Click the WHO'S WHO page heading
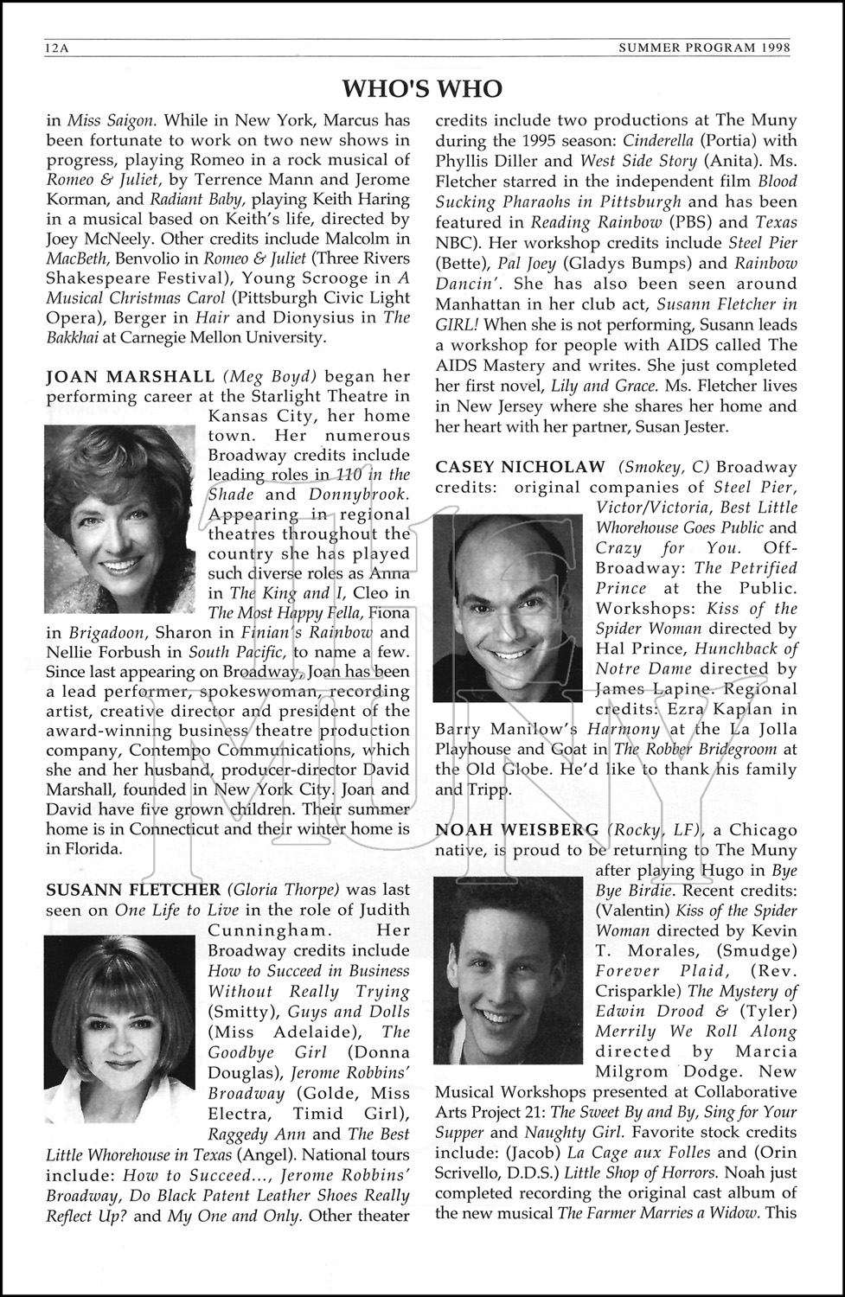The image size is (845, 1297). pos(422,88)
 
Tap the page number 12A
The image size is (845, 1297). pos(57,49)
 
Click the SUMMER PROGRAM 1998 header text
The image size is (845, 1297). pos(705,49)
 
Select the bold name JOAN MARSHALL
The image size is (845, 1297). pos(130,376)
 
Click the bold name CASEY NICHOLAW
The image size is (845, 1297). pos(521,467)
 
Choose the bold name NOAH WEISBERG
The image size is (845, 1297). pos(516,830)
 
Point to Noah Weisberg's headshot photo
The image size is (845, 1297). pos(509,969)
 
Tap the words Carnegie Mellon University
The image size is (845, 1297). pos(223,337)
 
